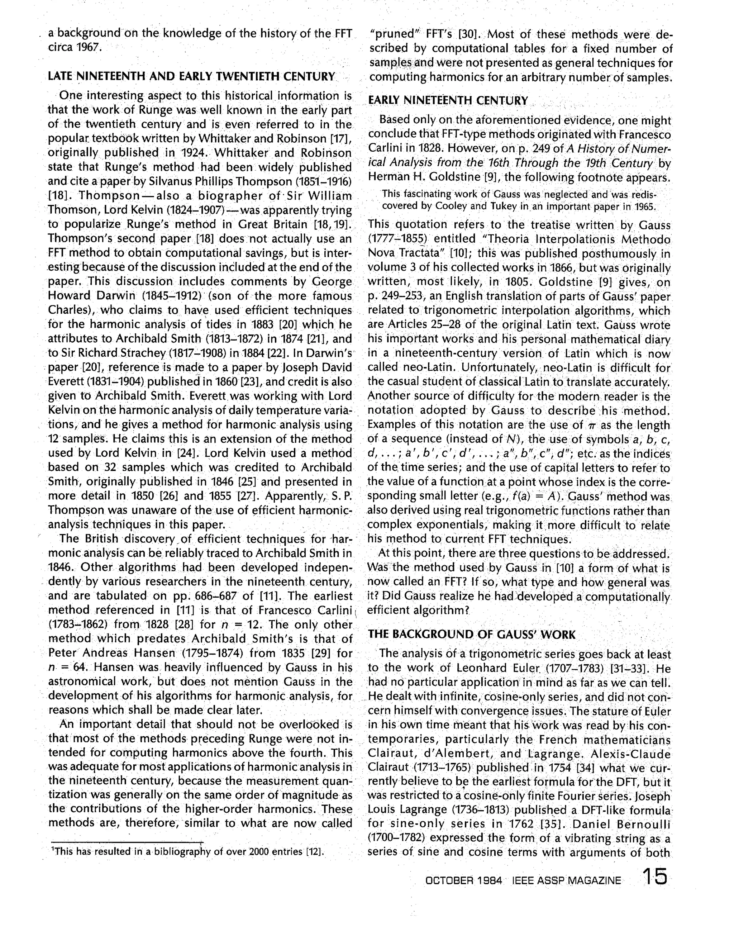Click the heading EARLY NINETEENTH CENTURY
tap(448, 101)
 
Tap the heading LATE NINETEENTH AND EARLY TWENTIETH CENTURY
tap(191, 77)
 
